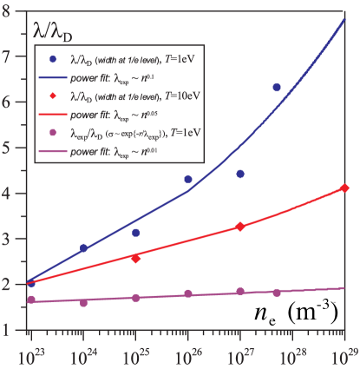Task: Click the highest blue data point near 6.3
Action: pos(277,88)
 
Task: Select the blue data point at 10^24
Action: pos(83,247)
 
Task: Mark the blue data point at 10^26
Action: pos(188,179)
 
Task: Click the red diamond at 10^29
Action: pos(345,188)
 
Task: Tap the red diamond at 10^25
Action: pos(135,258)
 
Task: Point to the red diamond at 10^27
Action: pos(240,226)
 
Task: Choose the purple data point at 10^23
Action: pos(31,300)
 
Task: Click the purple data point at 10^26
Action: pos(188,293)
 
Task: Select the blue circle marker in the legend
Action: pos(53,59)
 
